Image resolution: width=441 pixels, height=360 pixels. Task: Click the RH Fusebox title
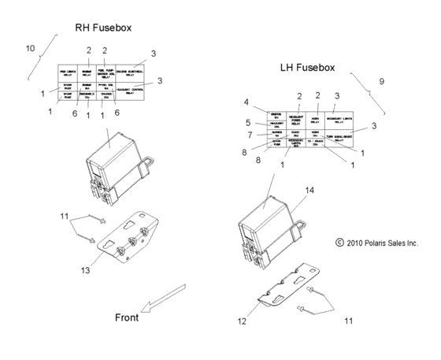pyautogui.click(x=103, y=28)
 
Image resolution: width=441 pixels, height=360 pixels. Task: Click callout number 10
pyautogui.click(x=30, y=49)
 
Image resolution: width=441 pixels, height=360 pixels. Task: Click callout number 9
pyautogui.click(x=381, y=81)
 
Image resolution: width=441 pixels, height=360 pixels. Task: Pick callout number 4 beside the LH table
pyautogui.click(x=246, y=102)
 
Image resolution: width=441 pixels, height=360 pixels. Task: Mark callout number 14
pyautogui.click(x=309, y=190)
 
